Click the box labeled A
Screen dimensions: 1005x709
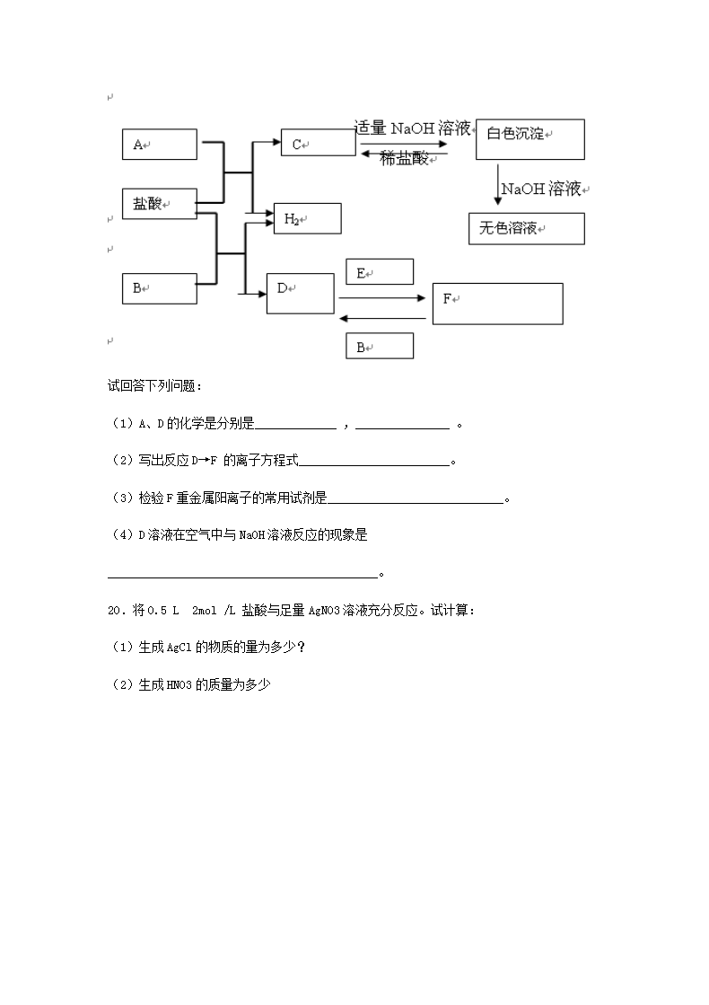pyautogui.click(x=159, y=144)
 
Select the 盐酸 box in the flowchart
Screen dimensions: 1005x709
pyautogui.click(x=159, y=204)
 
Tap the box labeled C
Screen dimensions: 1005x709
pyautogui.click(x=318, y=143)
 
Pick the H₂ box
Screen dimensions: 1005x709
pyautogui.click(x=307, y=218)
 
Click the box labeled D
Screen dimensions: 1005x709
pyautogui.click(x=300, y=294)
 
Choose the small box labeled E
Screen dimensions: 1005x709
pyautogui.click(x=380, y=272)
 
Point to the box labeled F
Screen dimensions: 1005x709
pyautogui.click(x=497, y=304)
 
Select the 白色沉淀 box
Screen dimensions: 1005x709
pyautogui.click(x=530, y=138)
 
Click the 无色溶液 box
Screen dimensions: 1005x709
pyautogui.click(x=526, y=228)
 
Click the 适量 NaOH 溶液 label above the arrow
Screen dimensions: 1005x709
pyautogui.click(x=413, y=128)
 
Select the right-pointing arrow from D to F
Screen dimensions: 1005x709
pyautogui.click(x=382, y=298)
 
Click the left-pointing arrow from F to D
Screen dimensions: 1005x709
pyautogui.click(x=382, y=317)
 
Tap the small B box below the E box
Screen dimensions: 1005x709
pyautogui.click(x=380, y=347)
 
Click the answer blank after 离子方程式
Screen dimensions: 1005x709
pyautogui.click(x=373, y=462)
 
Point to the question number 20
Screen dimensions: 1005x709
pyautogui.click(x=114, y=611)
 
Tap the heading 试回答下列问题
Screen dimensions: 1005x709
pyautogui.click(x=154, y=386)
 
